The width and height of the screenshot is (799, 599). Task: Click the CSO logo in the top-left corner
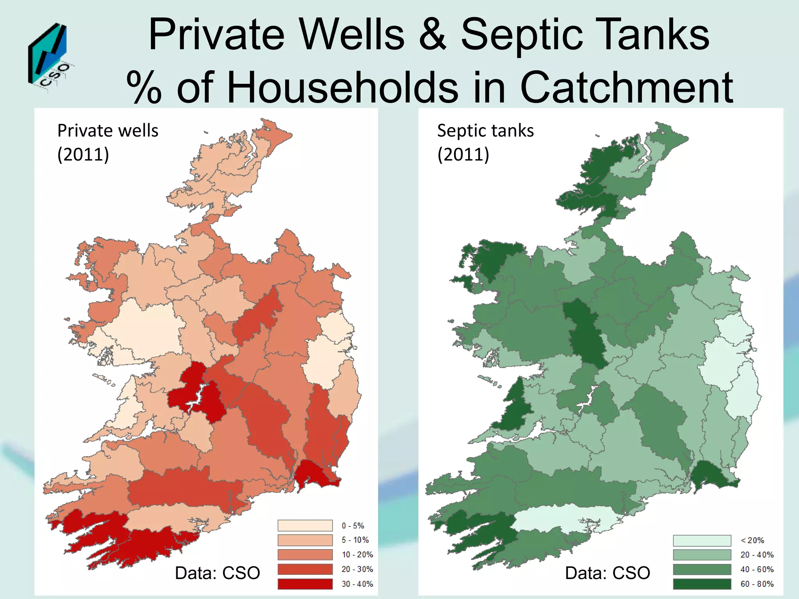(49, 58)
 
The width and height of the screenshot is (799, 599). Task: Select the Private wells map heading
(108, 142)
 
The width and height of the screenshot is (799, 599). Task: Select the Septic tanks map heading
(485, 142)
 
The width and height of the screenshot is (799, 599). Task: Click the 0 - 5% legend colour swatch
(305, 525)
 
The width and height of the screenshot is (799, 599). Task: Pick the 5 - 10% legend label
(355, 540)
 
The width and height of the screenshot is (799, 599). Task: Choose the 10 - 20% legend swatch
(305, 555)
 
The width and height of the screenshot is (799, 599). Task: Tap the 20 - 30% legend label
(357, 569)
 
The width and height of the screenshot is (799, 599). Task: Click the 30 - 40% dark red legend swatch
(305, 584)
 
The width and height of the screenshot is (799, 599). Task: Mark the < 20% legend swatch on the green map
(701, 541)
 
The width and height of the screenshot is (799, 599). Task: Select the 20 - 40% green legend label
(757, 555)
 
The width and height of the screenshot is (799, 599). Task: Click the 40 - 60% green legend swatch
(701, 569)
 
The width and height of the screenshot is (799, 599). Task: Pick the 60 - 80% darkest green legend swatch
(701, 584)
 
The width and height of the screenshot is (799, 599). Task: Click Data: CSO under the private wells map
(217, 573)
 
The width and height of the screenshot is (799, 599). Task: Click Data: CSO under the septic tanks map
(607, 573)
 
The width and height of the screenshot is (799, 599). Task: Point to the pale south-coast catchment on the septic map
(562, 519)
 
